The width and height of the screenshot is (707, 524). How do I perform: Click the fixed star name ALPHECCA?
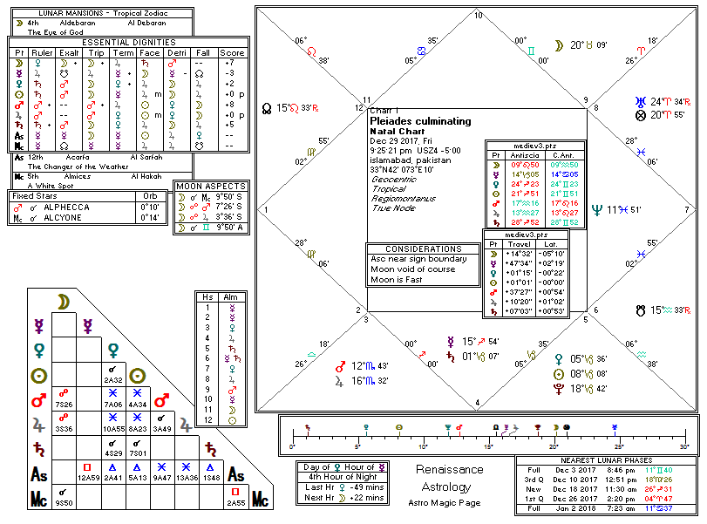(84, 207)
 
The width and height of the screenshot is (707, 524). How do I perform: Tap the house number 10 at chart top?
(478, 15)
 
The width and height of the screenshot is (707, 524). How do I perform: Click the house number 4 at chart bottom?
(478, 403)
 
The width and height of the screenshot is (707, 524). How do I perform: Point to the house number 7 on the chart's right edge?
(686, 209)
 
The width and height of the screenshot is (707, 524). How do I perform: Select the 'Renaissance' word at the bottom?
(449, 469)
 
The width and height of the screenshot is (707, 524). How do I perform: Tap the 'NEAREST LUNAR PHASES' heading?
(607, 460)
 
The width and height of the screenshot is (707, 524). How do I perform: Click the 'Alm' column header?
(231, 297)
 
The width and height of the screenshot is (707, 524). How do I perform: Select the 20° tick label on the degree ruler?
(553, 446)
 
